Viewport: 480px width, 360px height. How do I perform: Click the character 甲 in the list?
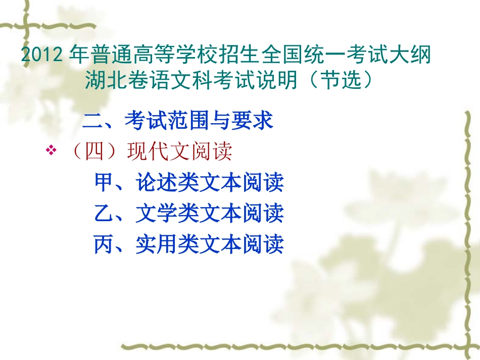point(104,183)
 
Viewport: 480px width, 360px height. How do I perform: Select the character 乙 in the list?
point(104,214)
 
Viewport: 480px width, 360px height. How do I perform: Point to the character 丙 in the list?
point(104,245)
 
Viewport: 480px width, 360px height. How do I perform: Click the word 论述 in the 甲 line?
point(157,183)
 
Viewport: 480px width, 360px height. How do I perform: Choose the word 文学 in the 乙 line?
point(157,214)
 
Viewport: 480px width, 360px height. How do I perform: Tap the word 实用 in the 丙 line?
point(157,245)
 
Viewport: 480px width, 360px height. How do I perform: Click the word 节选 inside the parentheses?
point(340,80)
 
